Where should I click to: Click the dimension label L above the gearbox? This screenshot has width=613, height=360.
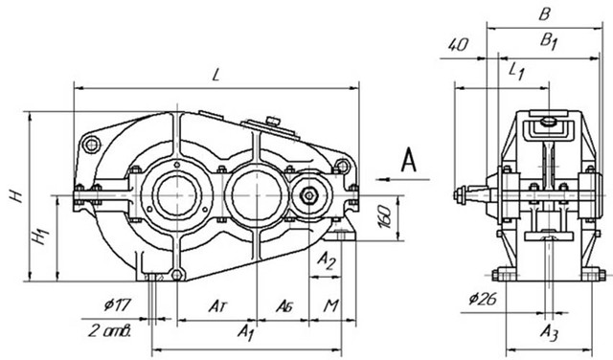(216, 75)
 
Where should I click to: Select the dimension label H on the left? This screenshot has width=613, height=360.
(17, 195)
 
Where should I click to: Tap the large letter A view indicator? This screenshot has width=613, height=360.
(409, 160)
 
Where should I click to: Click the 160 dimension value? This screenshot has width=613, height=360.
(385, 217)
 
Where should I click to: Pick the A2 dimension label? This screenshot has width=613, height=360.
(326, 260)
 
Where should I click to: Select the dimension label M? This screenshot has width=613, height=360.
(330, 305)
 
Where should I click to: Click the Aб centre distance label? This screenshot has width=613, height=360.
(284, 305)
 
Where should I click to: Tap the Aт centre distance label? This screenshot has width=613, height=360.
(217, 305)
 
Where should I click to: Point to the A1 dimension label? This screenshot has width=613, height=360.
(246, 331)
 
